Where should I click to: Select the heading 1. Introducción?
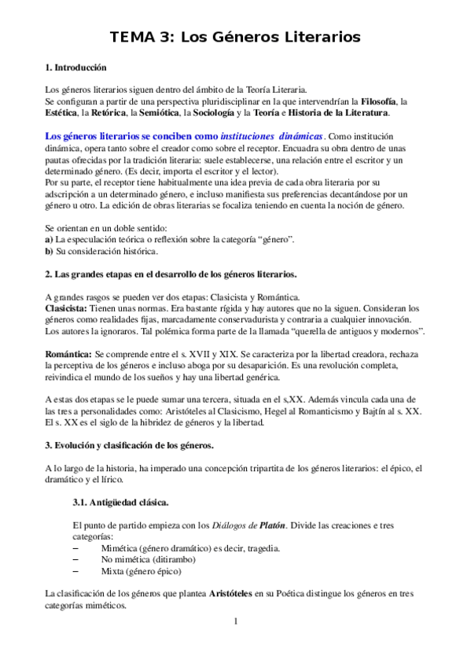click(x=76, y=68)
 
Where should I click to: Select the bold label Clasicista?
click(x=68, y=309)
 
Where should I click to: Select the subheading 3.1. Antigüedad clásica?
click(x=119, y=501)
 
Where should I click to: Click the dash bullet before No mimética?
click(x=75, y=559)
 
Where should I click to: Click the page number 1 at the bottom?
click(x=235, y=621)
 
